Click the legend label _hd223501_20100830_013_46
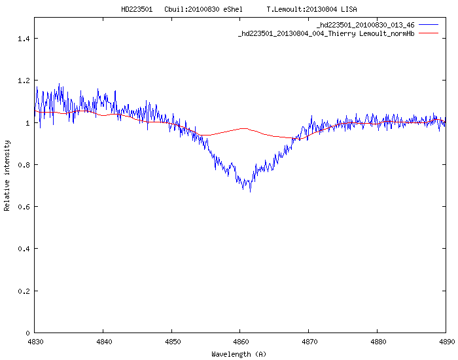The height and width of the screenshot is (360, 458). (365, 25)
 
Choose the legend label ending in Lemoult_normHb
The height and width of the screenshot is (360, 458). (326, 33)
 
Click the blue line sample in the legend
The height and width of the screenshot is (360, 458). (429, 25)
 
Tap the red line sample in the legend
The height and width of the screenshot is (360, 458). (429, 33)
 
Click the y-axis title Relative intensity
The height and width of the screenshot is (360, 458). (7, 175)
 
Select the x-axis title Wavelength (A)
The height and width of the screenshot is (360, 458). (239, 354)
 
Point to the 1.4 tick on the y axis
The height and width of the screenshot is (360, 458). (24, 39)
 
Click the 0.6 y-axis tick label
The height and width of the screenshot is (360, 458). (24, 207)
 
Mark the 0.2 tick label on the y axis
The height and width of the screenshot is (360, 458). (24, 291)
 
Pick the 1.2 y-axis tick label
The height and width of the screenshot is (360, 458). (24, 81)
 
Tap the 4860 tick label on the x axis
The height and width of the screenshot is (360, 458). (240, 341)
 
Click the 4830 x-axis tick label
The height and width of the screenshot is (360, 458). (35, 341)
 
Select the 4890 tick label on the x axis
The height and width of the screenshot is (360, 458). (446, 341)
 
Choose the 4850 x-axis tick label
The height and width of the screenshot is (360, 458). (172, 341)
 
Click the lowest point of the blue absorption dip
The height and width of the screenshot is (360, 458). (249, 191)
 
